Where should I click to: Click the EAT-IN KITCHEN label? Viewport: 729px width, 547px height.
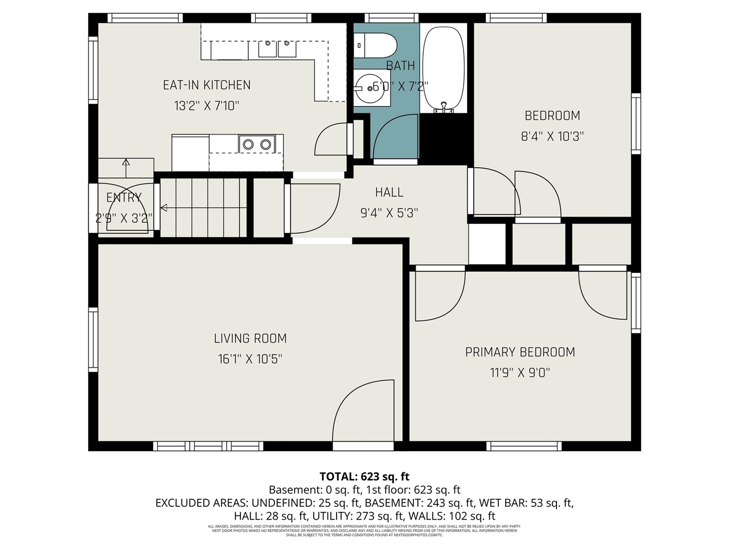(206, 85)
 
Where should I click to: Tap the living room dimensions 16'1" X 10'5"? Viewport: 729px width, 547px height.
(250, 359)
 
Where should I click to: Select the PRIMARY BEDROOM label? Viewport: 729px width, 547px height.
(520, 352)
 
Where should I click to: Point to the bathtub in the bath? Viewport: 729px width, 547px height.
(443, 68)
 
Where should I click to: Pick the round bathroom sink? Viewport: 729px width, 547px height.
(371, 88)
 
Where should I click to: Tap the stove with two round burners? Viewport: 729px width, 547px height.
(257, 144)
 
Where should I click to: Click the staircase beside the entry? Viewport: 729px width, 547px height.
(203, 208)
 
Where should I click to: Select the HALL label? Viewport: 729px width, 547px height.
(389, 193)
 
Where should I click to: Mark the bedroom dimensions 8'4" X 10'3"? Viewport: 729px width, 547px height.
(552, 137)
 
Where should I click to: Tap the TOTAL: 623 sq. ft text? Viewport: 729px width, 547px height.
(364, 477)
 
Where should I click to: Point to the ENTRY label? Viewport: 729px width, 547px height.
(124, 198)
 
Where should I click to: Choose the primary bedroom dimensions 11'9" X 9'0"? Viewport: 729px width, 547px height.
(520, 373)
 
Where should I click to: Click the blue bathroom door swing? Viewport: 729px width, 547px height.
(394, 137)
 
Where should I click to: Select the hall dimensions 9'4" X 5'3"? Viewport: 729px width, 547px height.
(389, 213)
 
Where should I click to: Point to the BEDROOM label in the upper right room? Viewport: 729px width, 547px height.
(552, 116)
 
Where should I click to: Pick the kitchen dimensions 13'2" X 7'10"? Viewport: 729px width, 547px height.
(206, 106)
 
